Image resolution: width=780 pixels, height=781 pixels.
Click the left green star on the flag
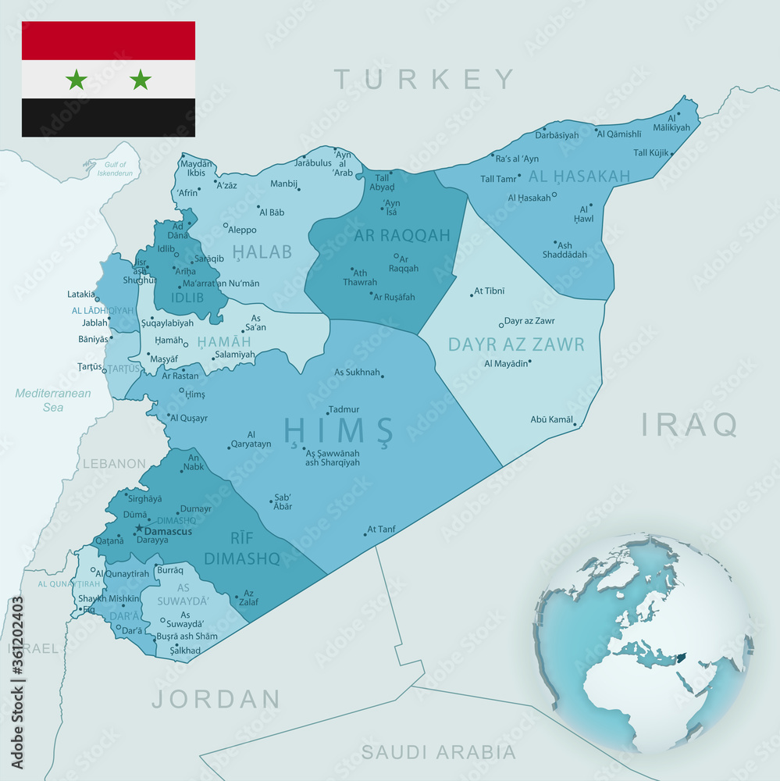click(76, 79)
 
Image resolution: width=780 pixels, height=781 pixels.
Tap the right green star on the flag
click(141, 79)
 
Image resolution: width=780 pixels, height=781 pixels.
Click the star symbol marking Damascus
click(139, 529)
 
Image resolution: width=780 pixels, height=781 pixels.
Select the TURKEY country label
click(425, 79)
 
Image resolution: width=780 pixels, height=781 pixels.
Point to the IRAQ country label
click(689, 424)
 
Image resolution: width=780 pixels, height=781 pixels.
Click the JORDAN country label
click(216, 698)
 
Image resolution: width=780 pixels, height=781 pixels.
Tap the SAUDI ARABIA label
click(438, 752)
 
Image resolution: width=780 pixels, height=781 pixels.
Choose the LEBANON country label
click(114, 464)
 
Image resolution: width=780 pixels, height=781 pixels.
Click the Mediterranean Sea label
click(53, 400)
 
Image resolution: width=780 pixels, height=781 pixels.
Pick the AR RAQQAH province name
click(402, 235)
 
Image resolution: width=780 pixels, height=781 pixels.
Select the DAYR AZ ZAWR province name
click(516, 344)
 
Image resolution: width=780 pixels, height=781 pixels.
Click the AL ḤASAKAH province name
click(579, 177)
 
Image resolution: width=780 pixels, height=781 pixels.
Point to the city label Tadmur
click(344, 409)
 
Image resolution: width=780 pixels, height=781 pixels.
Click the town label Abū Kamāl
click(552, 419)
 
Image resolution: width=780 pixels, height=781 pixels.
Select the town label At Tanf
click(381, 530)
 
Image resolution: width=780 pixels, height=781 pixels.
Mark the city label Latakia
click(81, 294)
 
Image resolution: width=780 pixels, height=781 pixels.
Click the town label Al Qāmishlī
click(618, 134)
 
